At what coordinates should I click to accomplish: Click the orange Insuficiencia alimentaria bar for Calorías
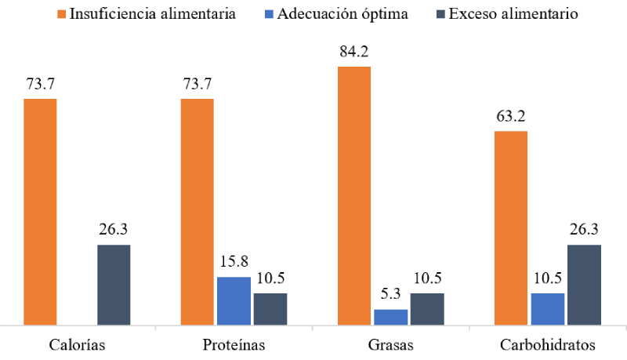tap(40, 211)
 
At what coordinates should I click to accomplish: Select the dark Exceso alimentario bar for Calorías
tap(114, 284)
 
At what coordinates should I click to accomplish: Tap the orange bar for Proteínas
tap(197, 211)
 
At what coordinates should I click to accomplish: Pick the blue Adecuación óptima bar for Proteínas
tap(234, 300)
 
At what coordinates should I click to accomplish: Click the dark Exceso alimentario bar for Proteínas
tap(270, 308)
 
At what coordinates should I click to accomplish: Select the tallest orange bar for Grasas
tap(354, 195)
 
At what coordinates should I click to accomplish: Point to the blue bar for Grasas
tap(390, 316)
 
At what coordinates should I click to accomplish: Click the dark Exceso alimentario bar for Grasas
tap(427, 308)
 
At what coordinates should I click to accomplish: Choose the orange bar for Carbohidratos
tap(510, 227)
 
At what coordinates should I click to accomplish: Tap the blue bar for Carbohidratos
tap(547, 308)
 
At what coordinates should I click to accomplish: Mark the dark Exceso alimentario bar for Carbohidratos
tap(584, 284)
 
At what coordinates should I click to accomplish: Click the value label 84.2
tap(354, 53)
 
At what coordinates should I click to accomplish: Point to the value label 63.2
tap(510, 118)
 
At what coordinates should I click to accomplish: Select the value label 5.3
tap(390, 296)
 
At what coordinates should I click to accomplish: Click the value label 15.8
tap(234, 264)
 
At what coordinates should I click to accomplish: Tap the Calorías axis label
tap(77, 345)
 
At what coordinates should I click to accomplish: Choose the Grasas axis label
tap(390, 345)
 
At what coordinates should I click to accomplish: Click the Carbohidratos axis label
tap(547, 345)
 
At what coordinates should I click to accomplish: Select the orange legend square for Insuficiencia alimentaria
tap(63, 14)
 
